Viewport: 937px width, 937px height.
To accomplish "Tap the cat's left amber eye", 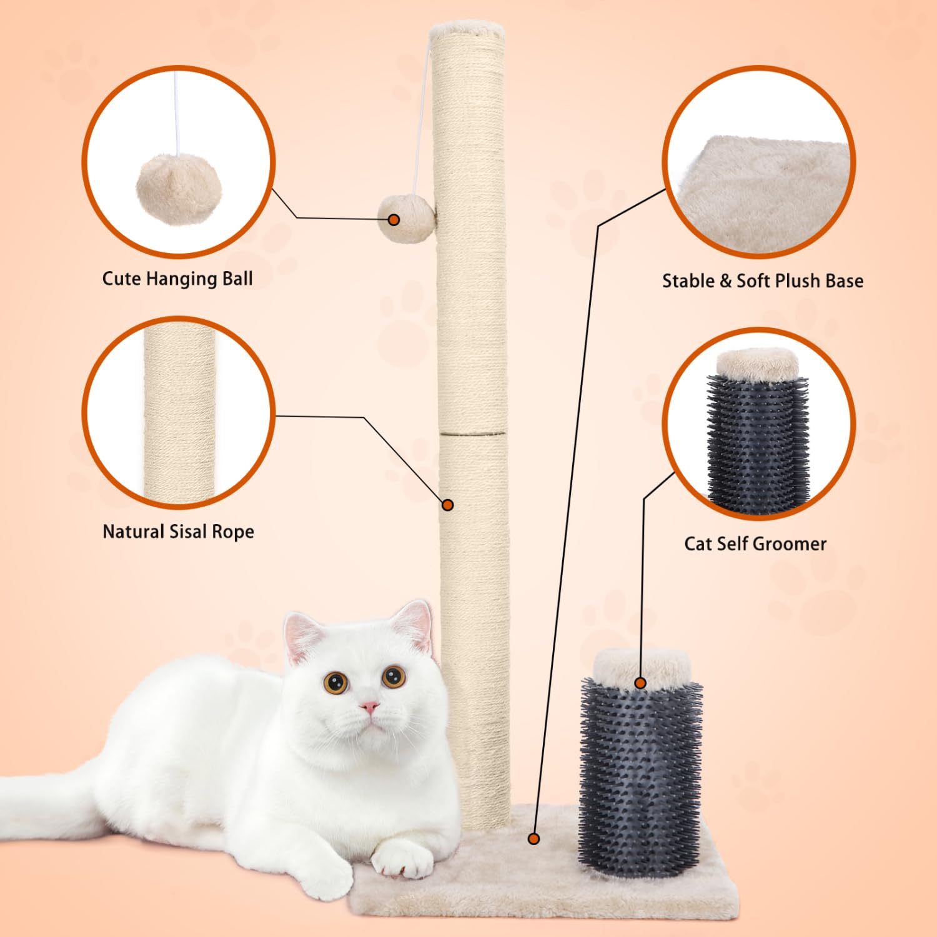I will coord(335,682).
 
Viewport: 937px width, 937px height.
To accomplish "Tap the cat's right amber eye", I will coord(394,677).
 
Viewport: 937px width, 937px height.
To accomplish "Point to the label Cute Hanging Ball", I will coord(177,279).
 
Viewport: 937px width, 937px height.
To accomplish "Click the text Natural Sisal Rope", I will coord(178,532).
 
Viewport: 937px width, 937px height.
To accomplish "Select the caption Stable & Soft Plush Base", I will coord(763,281).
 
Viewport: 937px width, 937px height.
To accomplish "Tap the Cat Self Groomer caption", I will coord(755,544).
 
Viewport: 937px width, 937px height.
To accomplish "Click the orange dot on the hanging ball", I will coord(394,220).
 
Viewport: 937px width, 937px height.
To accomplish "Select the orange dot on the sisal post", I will coord(447,505).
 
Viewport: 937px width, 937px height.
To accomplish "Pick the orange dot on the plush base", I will coord(533,839).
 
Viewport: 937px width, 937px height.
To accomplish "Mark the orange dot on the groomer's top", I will coord(640,683).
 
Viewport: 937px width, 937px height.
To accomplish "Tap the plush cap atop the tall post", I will coord(467,28).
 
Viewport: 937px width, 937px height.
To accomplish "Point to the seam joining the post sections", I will coord(472,432).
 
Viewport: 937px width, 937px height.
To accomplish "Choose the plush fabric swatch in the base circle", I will coord(765,194).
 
